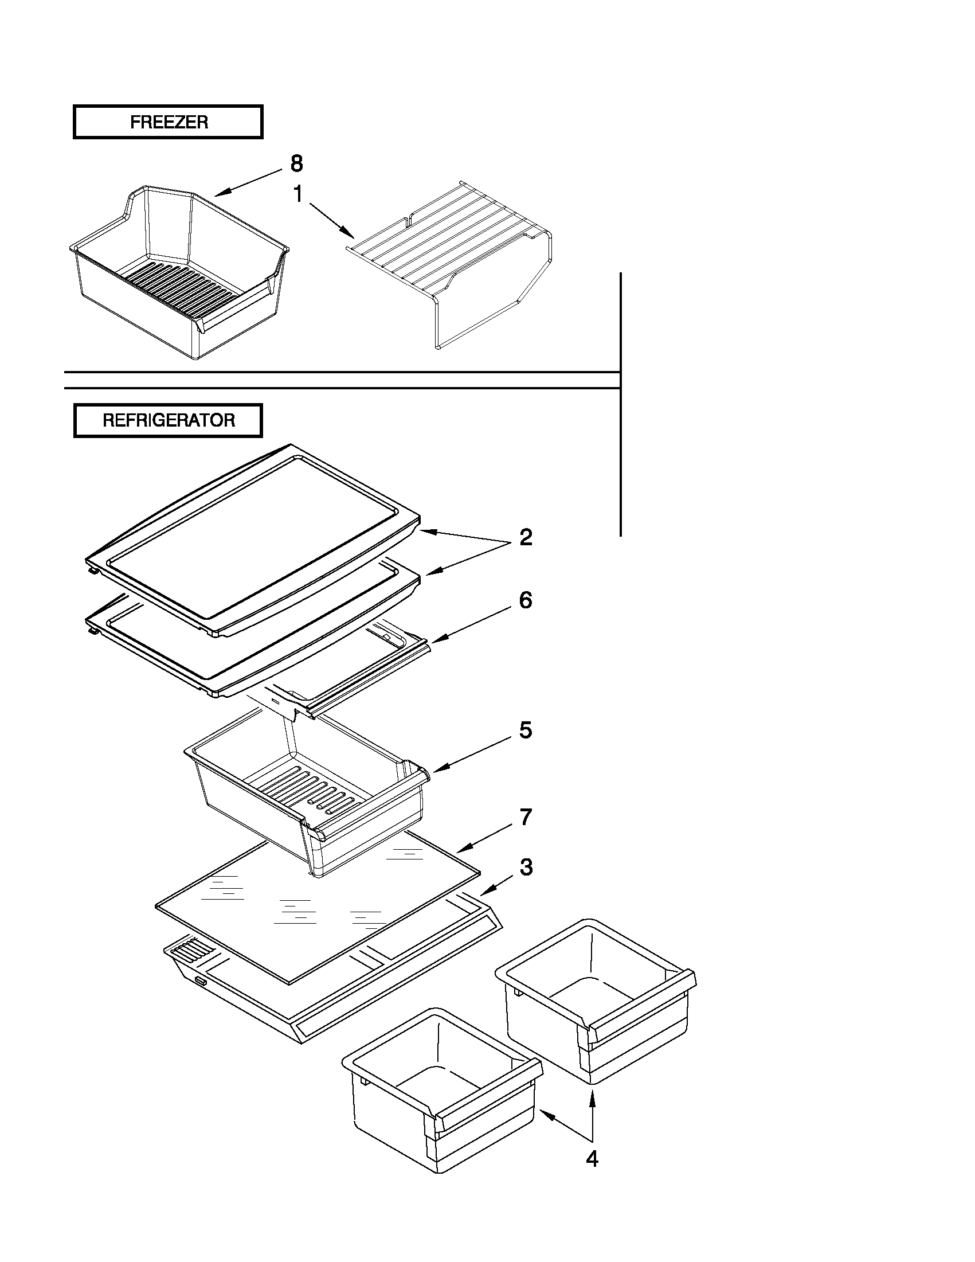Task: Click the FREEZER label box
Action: point(168,122)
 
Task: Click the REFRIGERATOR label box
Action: point(168,420)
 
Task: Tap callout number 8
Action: point(296,164)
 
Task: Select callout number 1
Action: point(298,195)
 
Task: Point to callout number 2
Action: point(525,537)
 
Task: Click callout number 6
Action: point(525,600)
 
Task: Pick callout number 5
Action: point(525,730)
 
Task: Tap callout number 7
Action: point(525,817)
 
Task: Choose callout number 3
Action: point(525,867)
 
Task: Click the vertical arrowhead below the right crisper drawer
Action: point(592,1096)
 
